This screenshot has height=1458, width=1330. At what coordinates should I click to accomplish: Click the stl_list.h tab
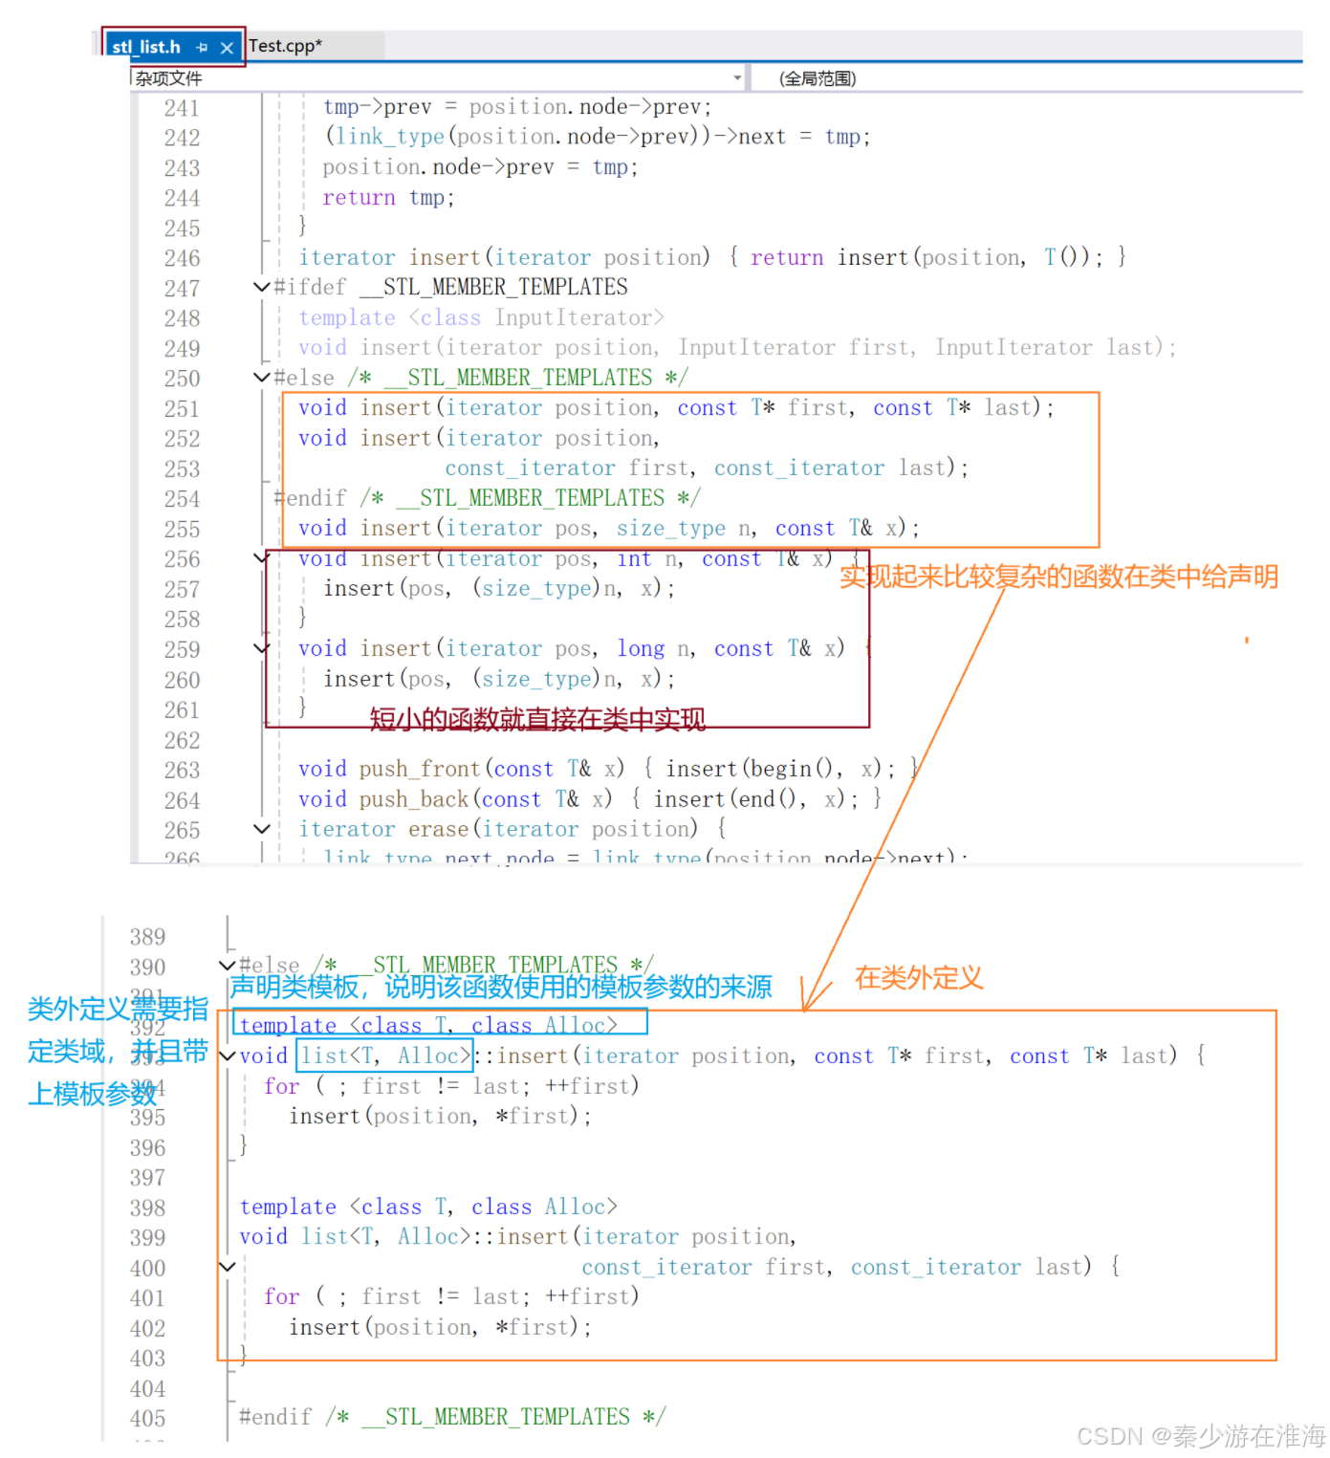[x=146, y=47]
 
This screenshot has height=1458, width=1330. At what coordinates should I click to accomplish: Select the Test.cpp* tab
[x=285, y=46]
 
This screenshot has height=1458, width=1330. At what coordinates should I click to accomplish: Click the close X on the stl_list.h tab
[x=227, y=48]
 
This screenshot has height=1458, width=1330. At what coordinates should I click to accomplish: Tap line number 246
[x=182, y=258]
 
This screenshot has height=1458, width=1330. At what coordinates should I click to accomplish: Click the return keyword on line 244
[x=359, y=198]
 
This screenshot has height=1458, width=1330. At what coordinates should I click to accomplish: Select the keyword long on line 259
[x=641, y=649]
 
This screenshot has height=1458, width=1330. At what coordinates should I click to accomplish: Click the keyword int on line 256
[x=634, y=559]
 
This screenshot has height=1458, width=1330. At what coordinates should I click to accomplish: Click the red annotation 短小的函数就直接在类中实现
[x=537, y=719]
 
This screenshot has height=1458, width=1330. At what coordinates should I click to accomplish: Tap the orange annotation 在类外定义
[x=918, y=978]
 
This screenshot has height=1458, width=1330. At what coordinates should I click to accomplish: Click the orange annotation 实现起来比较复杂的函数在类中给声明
[x=1058, y=577]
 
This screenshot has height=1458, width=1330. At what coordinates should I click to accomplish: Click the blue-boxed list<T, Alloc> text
[x=385, y=1055]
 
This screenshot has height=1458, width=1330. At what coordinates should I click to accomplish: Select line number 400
[x=147, y=1269]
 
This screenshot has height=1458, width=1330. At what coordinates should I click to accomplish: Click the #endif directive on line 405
[x=275, y=1417]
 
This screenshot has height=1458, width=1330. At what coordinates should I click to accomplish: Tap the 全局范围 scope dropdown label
[x=818, y=78]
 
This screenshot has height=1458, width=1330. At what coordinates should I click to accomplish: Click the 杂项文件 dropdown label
[x=169, y=78]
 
